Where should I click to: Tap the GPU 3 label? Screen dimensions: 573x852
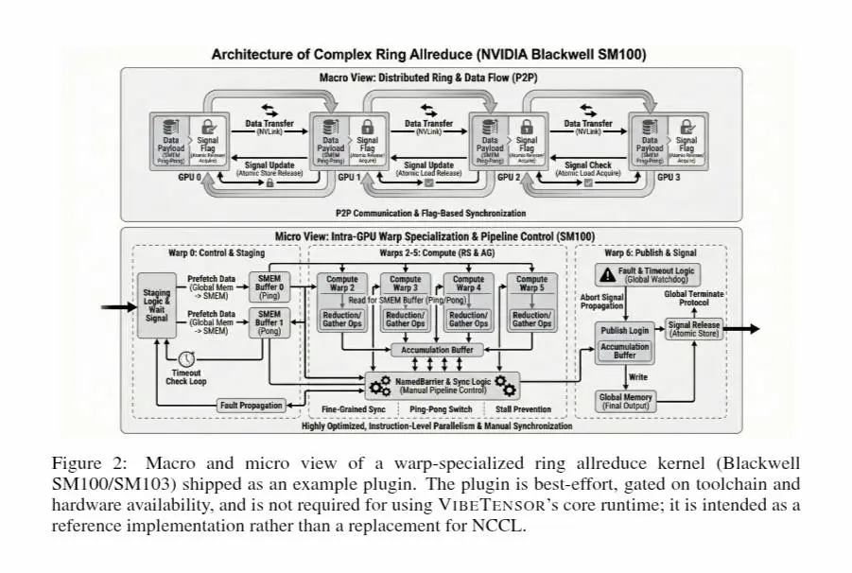pyautogui.click(x=669, y=177)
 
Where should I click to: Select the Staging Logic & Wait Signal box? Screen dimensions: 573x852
pyautogui.click(x=157, y=305)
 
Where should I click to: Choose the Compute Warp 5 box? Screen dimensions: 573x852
pyautogui.click(x=531, y=284)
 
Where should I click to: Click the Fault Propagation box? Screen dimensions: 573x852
pyautogui.click(x=251, y=406)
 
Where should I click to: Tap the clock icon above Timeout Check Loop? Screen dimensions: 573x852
pyautogui.click(x=186, y=358)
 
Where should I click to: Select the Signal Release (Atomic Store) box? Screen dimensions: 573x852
pyautogui.click(x=693, y=329)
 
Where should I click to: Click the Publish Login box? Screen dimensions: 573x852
pyautogui.click(x=625, y=330)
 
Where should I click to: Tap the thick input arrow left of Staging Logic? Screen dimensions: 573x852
pyautogui.click(x=119, y=306)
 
